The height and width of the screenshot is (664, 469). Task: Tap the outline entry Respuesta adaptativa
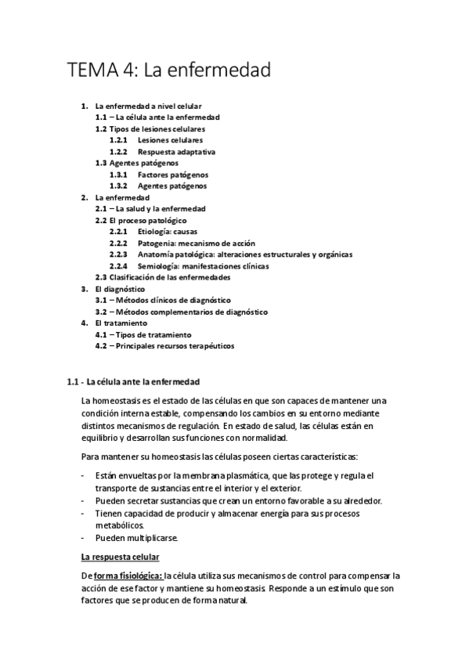click(x=176, y=151)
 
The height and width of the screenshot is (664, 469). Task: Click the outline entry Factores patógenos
click(x=172, y=175)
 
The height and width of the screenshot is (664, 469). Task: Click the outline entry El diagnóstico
click(x=119, y=289)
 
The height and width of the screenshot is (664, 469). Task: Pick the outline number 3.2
click(x=102, y=312)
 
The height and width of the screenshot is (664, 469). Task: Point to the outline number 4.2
click(x=102, y=345)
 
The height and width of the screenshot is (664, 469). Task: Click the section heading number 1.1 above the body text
click(x=74, y=382)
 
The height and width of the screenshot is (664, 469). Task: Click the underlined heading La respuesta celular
click(x=121, y=557)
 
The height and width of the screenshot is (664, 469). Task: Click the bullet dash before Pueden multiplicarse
click(x=84, y=538)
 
